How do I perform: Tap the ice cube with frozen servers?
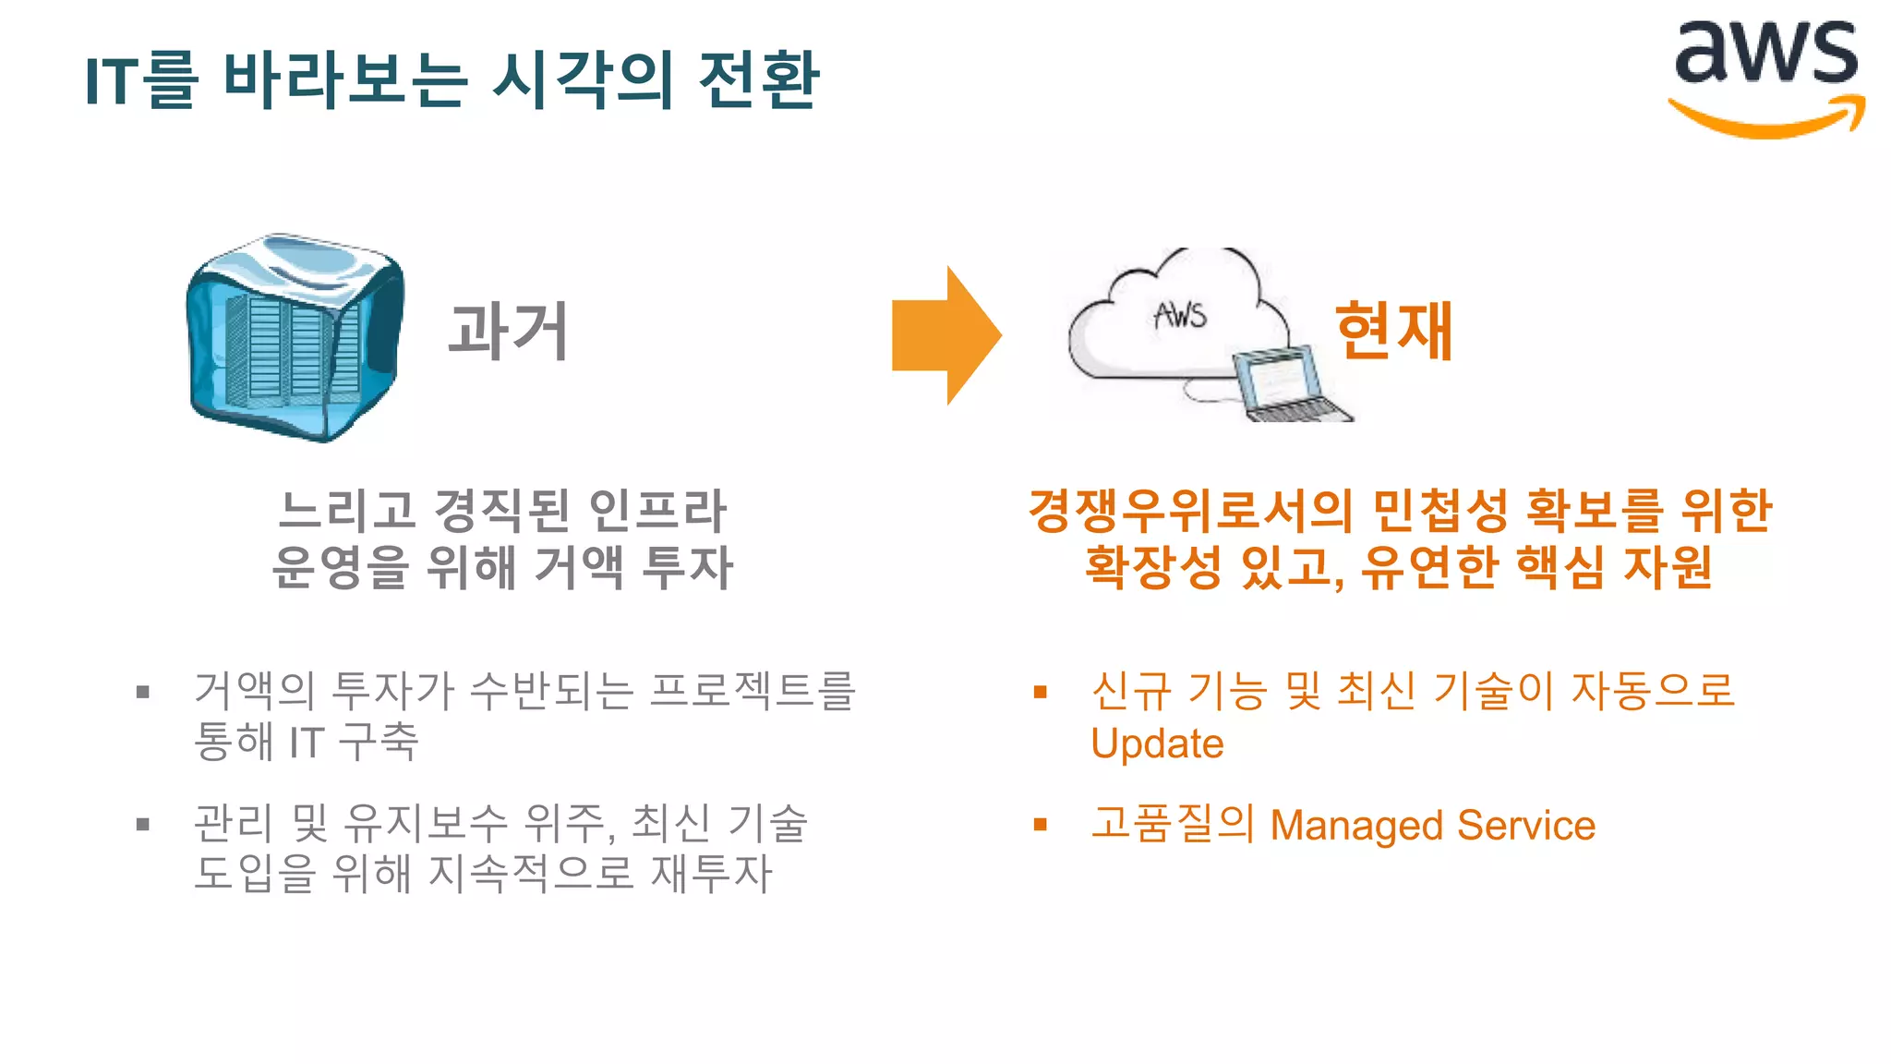295,337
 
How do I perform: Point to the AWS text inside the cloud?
1180,316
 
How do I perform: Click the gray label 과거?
508,331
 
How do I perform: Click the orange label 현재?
1394,331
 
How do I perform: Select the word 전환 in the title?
759,79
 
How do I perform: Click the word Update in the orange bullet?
1157,744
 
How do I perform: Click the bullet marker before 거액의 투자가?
143,692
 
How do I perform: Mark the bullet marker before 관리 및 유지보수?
143,824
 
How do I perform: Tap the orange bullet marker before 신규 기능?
1041,692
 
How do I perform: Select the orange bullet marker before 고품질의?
1041,824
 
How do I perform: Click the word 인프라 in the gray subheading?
657,511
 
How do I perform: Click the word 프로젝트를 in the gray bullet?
753,691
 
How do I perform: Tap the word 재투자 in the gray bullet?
711,874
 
